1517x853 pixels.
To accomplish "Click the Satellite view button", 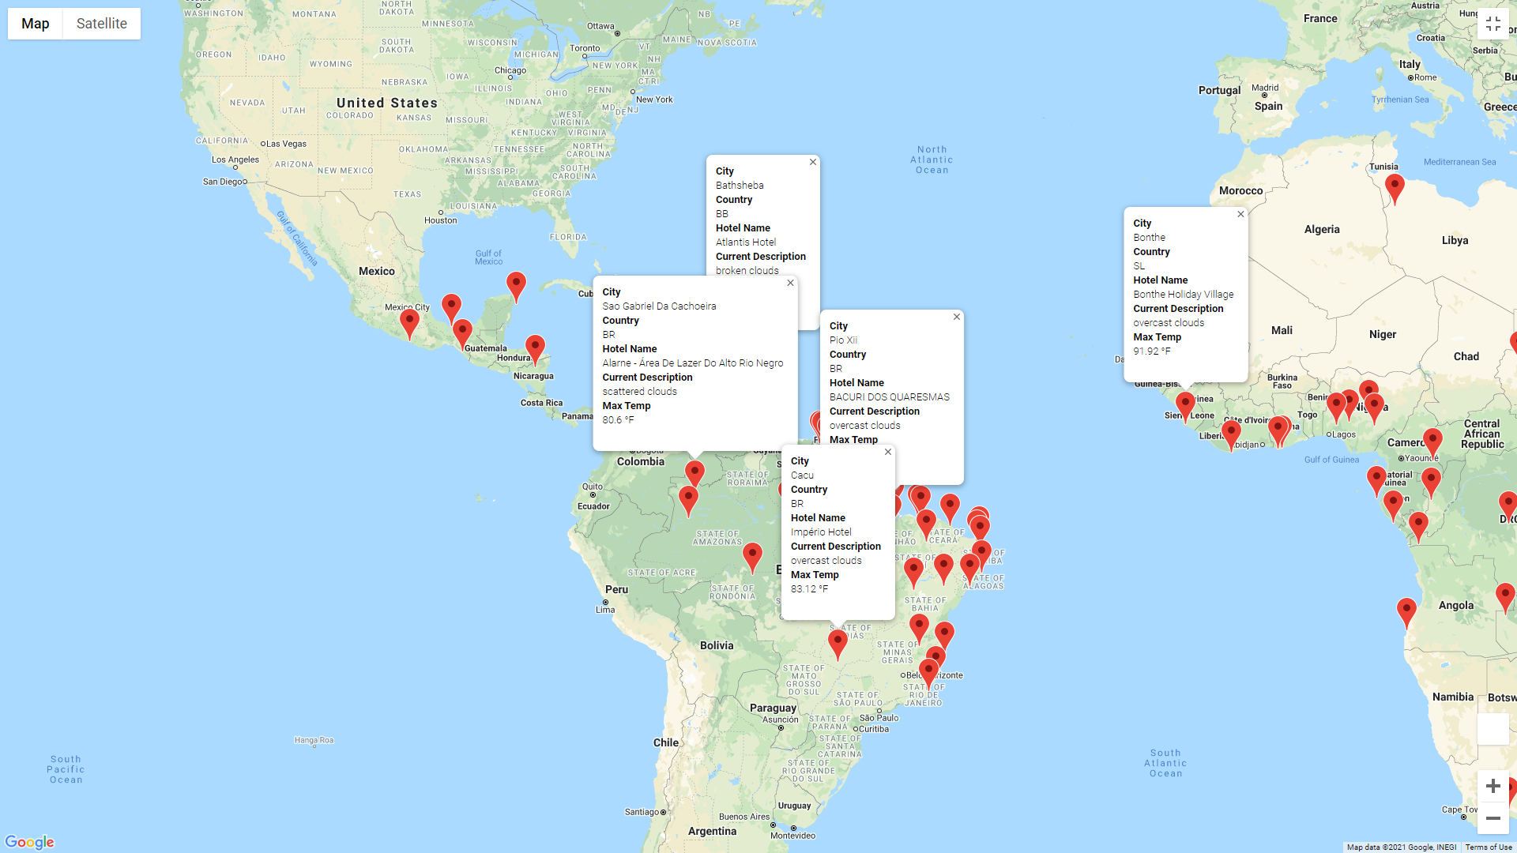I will [101, 24].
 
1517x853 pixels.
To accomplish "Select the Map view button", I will [36, 24].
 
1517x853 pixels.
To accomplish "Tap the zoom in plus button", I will [1493, 786].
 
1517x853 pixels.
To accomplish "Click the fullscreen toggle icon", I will [1493, 24].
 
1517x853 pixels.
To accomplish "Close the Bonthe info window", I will [1240, 214].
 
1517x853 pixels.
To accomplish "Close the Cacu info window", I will [888, 452].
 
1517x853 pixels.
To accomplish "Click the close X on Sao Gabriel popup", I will [790, 283].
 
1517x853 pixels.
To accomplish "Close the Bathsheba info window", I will [812, 162].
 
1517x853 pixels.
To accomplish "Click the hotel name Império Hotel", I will [821, 532].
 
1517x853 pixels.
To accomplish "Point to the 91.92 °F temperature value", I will [1151, 351].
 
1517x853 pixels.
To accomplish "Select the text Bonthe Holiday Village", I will [1183, 295].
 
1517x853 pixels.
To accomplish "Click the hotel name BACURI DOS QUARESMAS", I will [889, 397].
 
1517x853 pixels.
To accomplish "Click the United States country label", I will [386, 103].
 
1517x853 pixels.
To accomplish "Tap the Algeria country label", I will [1322, 229].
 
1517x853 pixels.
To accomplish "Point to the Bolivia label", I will [717, 645].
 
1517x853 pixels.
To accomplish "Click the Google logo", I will [29, 842].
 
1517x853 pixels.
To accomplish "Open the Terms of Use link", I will [1489, 847].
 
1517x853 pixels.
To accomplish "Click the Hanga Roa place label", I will [314, 740].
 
